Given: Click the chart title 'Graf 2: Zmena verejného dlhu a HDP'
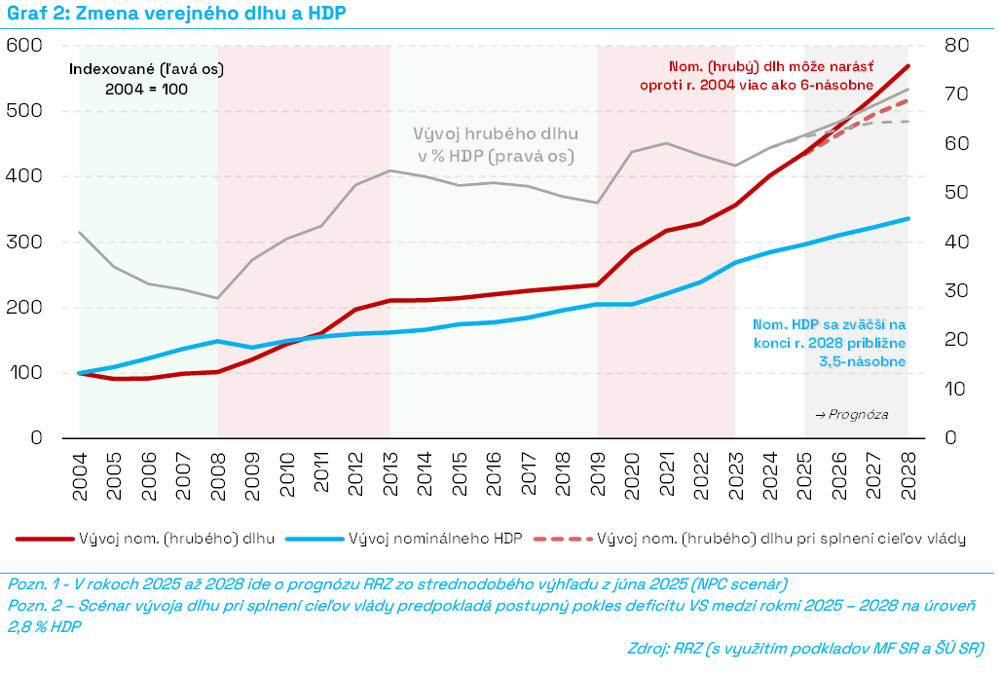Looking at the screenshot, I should [174, 14].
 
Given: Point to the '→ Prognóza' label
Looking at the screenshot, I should [849, 414].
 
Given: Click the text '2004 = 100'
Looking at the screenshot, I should [146, 89].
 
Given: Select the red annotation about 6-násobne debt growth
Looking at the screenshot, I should [769, 76].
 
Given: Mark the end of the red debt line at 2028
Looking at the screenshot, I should [908, 66].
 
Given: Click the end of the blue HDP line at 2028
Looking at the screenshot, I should [908, 218].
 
